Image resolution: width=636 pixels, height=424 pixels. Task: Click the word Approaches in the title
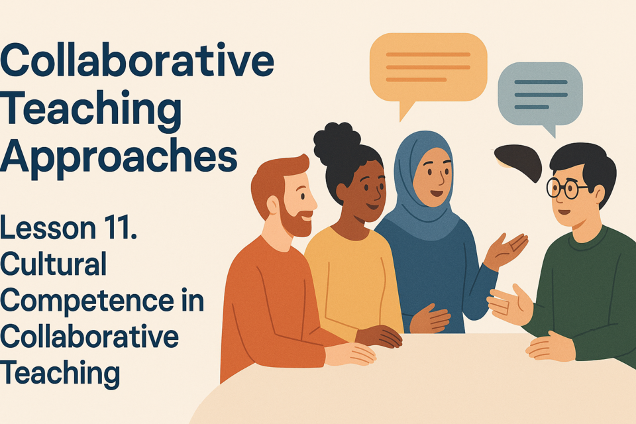(x=119, y=157)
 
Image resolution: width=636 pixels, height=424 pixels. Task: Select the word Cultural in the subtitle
(x=53, y=264)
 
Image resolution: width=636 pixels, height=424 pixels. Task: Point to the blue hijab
(x=422, y=191)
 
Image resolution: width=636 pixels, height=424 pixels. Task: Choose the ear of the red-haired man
(x=273, y=205)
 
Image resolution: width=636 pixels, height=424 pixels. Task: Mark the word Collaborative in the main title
(x=137, y=60)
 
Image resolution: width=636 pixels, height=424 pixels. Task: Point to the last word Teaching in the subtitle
(x=60, y=373)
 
